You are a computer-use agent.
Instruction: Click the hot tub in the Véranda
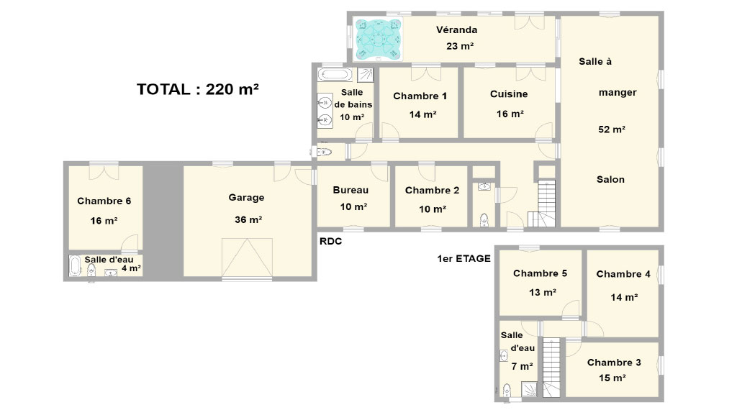[x=379, y=40]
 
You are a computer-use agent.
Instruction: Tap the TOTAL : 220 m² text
[x=198, y=88]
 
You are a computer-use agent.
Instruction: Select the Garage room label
[x=246, y=198]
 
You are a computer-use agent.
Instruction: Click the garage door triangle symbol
[x=247, y=258]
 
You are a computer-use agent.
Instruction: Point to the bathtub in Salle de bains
[x=335, y=74]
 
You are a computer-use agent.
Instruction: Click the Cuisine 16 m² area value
[x=510, y=114]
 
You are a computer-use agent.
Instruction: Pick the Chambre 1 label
[x=420, y=96]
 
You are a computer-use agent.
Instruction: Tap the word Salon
[x=610, y=179]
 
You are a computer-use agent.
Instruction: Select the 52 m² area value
[x=612, y=129]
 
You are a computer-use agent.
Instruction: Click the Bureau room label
[x=351, y=190]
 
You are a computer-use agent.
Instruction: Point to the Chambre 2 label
[x=432, y=190]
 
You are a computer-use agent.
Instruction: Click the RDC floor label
[x=331, y=242]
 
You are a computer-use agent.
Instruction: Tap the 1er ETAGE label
[x=464, y=258]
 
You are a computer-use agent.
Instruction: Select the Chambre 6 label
[x=104, y=201]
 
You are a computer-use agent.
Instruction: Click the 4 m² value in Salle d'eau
[x=131, y=268]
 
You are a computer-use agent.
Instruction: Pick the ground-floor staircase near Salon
[x=542, y=204]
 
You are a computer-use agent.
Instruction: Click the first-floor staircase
[x=552, y=368]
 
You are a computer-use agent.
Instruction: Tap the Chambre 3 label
[x=614, y=362]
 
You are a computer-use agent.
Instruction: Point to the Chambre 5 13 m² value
[x=543, y=292]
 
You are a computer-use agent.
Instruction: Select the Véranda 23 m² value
[x=460, y=46]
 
